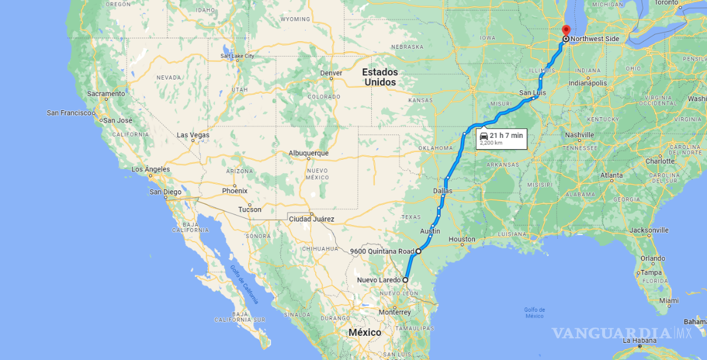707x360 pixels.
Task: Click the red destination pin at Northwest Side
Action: [x=566, y=31]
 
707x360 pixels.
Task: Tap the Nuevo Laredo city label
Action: [x=379, y=280]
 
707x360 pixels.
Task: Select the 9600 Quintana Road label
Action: [x=382, y=252]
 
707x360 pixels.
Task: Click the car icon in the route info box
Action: [x=483, y=136]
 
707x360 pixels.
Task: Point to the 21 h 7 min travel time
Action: [x=506, y=136]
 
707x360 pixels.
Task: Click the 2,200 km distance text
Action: [x=491, y=143]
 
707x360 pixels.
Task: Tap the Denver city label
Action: [x=331, y=73]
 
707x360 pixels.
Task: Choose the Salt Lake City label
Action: [x=237, y=57]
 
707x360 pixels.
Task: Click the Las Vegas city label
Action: [x=193, y=136]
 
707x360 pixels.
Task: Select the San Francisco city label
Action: [x=69, y=113]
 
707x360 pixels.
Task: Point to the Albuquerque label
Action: [x=308, y=153]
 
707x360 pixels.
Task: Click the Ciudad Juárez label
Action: [x=311, y=219]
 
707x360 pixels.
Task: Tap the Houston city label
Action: [x=461, y=239]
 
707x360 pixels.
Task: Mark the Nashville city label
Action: [x=579, y=135]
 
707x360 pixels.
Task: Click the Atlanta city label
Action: [x=611, y=176]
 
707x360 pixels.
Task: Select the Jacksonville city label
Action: [x=648, y=230]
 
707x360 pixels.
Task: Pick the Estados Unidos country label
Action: [x=380, y=77]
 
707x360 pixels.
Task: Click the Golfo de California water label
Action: [x=244, y=285]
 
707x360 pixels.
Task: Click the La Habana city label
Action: [x=639, y=341]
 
